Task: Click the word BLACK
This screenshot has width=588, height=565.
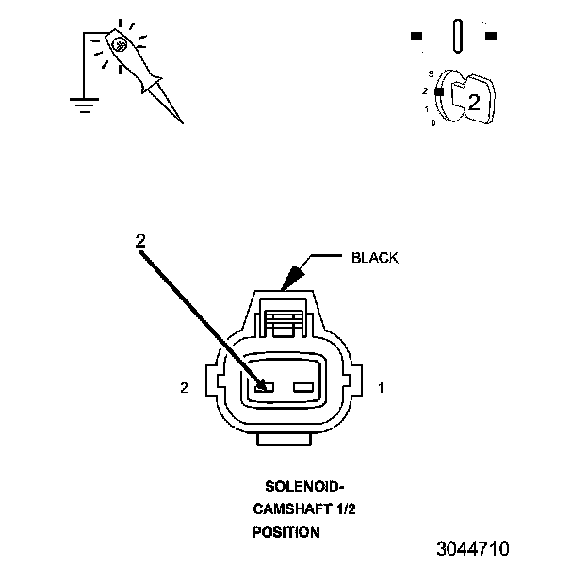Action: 374,257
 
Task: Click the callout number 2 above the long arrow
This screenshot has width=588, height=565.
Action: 140,241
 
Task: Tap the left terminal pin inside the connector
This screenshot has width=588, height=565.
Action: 265,387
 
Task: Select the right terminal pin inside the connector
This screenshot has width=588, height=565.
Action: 302,387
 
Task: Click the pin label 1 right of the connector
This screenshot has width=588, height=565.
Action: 380,387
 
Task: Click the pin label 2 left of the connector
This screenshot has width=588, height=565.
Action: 185,387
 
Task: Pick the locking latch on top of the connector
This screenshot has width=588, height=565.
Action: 284,321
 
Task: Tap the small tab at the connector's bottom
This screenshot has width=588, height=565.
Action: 284,440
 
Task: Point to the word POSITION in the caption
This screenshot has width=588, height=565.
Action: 286,532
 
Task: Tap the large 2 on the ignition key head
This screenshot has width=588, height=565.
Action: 474,103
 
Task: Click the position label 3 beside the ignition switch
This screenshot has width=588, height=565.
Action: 430,73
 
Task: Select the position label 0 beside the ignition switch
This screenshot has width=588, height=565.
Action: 432,123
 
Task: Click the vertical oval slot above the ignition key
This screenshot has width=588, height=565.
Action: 457,37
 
